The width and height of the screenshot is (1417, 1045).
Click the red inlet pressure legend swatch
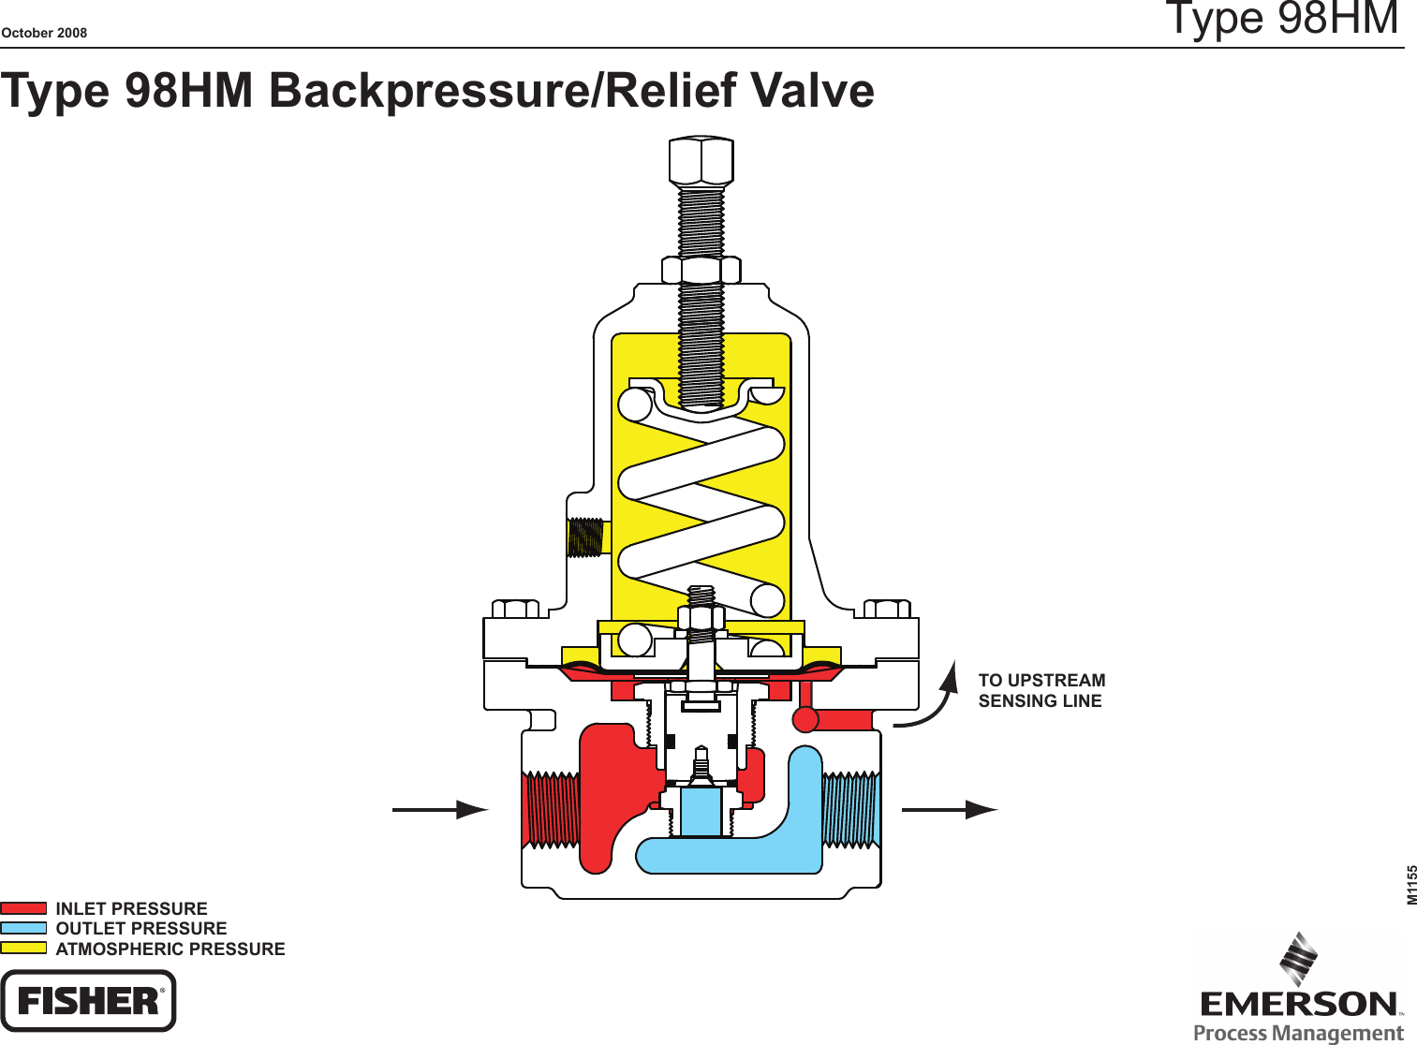tap(23, 908)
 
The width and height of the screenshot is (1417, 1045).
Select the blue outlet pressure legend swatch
tap(23, 928)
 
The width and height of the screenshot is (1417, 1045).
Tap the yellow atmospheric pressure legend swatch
tap(23, 948)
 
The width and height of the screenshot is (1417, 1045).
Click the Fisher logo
tap(88, 1001)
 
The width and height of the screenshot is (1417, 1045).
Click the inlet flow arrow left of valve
tap(440, 809)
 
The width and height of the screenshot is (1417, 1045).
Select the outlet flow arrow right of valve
tap(949, 809)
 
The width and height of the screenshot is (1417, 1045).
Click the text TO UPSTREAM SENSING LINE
tap(1041, 691)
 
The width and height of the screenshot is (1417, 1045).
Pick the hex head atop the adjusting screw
tap(701, 161)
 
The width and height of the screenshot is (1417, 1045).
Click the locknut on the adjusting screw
tap(701, 271)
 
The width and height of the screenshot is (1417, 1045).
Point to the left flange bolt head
tap(515, 610)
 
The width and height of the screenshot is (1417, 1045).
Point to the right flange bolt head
tap(886, 610)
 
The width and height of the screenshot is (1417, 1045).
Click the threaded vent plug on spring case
tap(585, 537)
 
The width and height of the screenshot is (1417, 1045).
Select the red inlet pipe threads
tap(551, 810)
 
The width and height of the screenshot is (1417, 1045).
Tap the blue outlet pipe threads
tap(851, 810)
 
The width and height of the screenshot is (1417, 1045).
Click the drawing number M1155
tap(1411, 885)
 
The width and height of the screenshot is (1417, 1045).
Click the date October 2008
tap(44, 33)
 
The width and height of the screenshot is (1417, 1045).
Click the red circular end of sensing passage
tap(805, 719)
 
